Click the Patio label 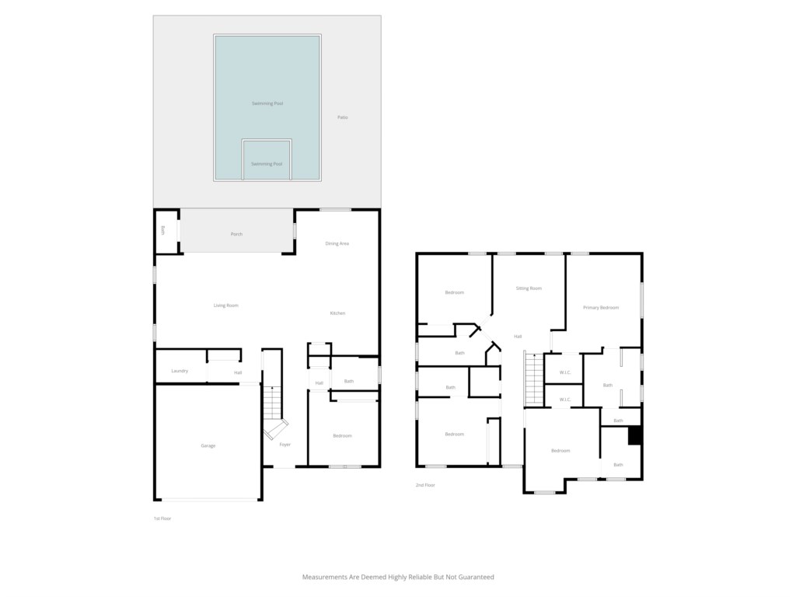tap(343, 117)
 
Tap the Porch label tap(236, 234)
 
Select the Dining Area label tap(337, 243)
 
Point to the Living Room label tap(226, 305)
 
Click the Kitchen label tap(337, 313)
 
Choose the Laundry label tap(180, 371)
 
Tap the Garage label tap(208, 445)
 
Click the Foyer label tap(285, 445)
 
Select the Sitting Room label tap(529, 288)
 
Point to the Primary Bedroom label tap(601, 308)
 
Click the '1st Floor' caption tap(162, 518)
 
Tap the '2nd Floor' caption tap(425, 485)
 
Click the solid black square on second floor tap(635, 436)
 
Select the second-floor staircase tap(533, 379)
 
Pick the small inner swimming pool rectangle tap(267, 160)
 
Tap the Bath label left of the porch tap(162, 230)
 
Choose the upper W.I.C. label tap(565, 372)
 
